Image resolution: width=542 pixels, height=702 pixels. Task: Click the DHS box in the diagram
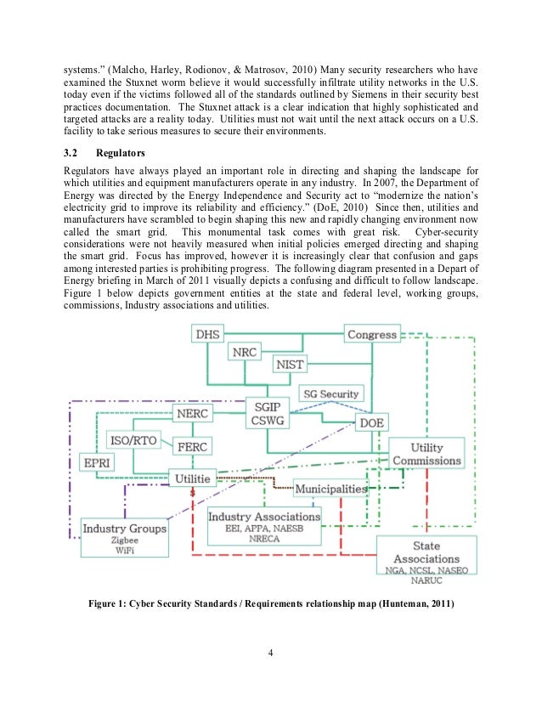click(x=207, y=335)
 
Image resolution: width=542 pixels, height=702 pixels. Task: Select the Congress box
click(x=371, y=335)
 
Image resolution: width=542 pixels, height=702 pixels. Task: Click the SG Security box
click(x=331, y=393)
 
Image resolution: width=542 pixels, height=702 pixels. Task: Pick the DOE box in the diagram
click(x=371, y=422)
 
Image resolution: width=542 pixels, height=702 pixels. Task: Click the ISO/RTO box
click(x=133, y=441)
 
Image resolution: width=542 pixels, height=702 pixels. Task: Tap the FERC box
click(x=195, y=446)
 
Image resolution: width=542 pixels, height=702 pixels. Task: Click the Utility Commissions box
click(x=426, y=454)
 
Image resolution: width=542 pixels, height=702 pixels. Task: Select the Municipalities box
click(x=330, y=489)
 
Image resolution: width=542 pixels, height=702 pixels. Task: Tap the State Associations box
click(x=426, y=557)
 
